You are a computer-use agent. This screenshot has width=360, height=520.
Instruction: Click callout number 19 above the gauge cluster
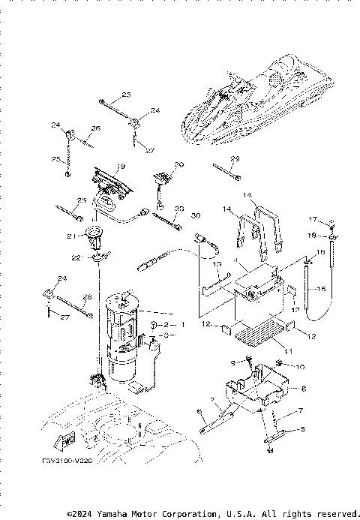(x=120, y=166)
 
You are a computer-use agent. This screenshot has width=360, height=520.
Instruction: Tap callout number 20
(x=178, y=165)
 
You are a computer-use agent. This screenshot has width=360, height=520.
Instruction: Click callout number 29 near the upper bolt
(x=235, y=158)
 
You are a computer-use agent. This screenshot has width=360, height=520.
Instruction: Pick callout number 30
(x=196, y=216)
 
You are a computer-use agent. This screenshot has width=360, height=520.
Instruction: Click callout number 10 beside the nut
(x=301, y=367)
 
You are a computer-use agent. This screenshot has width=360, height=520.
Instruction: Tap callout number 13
(x=217, y=264)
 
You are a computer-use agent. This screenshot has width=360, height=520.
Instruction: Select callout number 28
(x=87, y=297)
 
